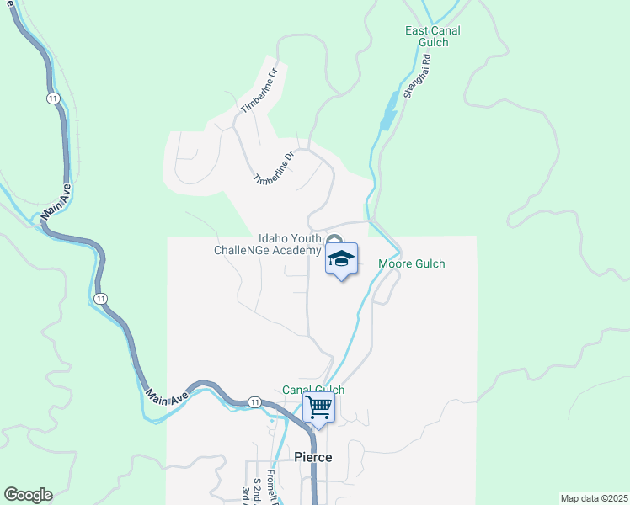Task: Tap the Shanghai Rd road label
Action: point(417,78)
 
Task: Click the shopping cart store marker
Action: point(319,407)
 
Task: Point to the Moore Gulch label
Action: point(412,264)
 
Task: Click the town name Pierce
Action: point(312,457)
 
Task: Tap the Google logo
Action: point(28,495)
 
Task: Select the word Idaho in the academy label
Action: point(274,238)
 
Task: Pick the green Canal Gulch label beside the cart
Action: point(313,390)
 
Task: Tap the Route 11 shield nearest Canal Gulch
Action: point(254,402)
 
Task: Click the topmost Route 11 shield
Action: point(53,98)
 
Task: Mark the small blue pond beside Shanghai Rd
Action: point(388,115)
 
